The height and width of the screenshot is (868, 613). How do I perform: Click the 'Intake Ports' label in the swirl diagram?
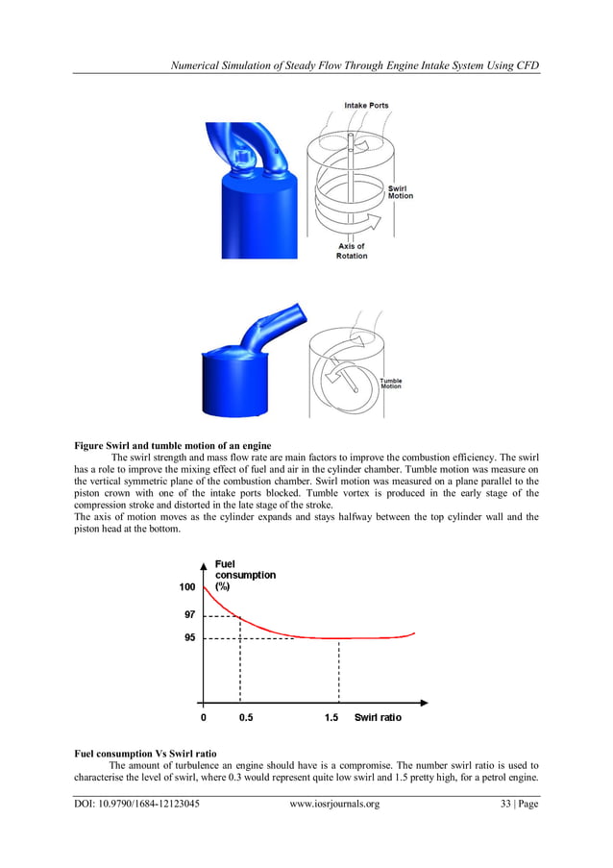(x=366, y=105)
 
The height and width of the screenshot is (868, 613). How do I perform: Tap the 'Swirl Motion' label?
(x=400, y=191)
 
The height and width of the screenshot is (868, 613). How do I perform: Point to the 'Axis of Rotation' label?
(x=352, y=251)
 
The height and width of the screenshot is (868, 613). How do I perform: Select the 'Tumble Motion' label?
(x=391, y=383)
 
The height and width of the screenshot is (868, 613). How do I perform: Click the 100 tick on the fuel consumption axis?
(x=186, y=586)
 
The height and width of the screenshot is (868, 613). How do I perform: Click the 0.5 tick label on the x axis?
(x=246, y=717)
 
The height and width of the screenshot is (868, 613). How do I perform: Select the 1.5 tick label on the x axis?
(x=331, y=717)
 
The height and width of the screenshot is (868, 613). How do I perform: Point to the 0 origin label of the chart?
(x=203, y=717)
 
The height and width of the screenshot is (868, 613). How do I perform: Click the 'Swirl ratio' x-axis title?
(x=378, y=717)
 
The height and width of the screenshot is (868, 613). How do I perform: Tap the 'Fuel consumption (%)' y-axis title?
(x=244, y=575)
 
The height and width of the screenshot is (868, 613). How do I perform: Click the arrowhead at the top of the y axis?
(x=204, y=564)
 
